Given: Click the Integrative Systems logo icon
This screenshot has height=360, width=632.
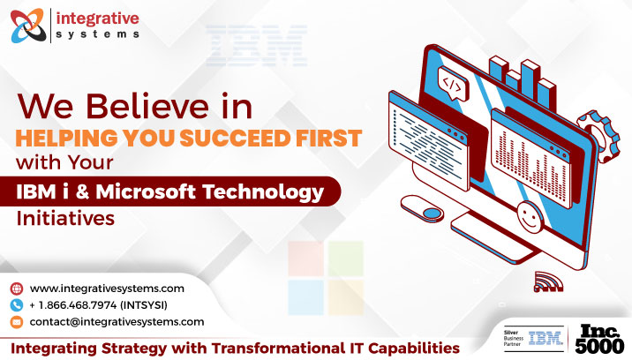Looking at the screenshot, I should [x=29, y=24].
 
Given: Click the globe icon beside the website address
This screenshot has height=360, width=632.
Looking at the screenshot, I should [x=17, y=289].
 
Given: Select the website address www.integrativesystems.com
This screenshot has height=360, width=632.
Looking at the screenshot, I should [x=107, y=289].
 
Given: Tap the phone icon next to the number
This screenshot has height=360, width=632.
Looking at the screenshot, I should [x=17, y=305].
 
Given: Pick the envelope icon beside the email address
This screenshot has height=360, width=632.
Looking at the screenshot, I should [x=17, y=322].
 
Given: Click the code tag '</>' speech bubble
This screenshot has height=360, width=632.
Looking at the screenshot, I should [x=451, y=85].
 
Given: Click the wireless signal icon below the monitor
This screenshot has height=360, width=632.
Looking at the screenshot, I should [x=547, y=282].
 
